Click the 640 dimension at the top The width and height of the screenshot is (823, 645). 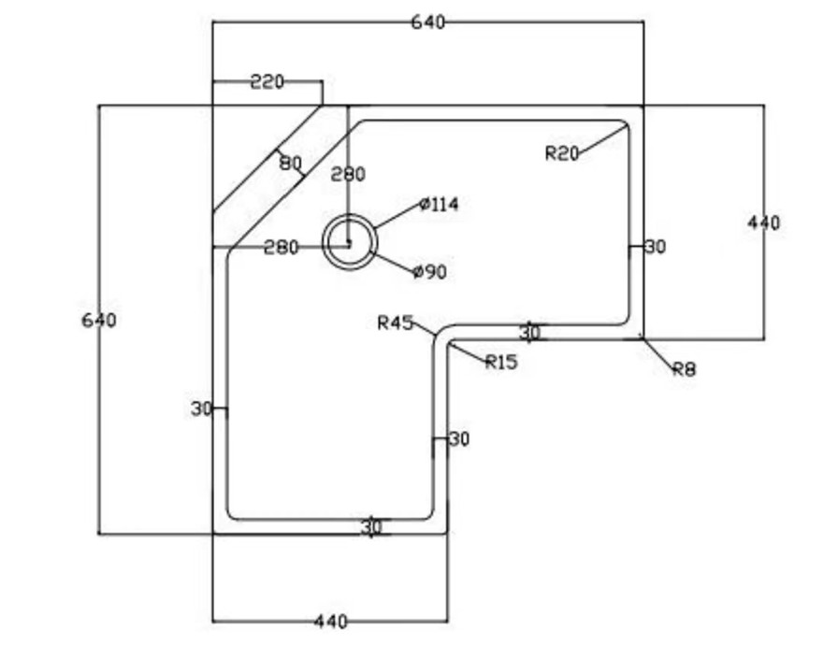pos(428,22)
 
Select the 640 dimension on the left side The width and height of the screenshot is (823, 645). pos(99,321)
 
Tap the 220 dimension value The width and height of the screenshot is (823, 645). pos(267,82)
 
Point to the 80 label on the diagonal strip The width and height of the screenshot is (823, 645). pos(290,164)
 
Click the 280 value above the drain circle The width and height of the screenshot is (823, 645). pos(348,174)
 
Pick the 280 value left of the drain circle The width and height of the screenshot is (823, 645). pos(281,248)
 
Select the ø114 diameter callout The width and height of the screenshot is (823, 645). pos(440,205)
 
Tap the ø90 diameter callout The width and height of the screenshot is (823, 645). pos(429,272)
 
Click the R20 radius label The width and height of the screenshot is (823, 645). pos(562,154)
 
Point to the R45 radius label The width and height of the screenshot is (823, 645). pos(395,323)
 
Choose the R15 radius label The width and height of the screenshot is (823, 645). pos(501,363)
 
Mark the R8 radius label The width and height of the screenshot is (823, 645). pos(685,369)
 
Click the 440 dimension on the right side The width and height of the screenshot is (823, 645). pos(764,223)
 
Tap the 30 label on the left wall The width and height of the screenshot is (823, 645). pos(202,408)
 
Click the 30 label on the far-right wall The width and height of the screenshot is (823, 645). pos(656,247)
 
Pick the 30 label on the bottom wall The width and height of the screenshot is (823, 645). pos(372,527)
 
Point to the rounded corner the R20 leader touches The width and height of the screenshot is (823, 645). pos(623,126)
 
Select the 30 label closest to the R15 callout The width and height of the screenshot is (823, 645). pos(530,332)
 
